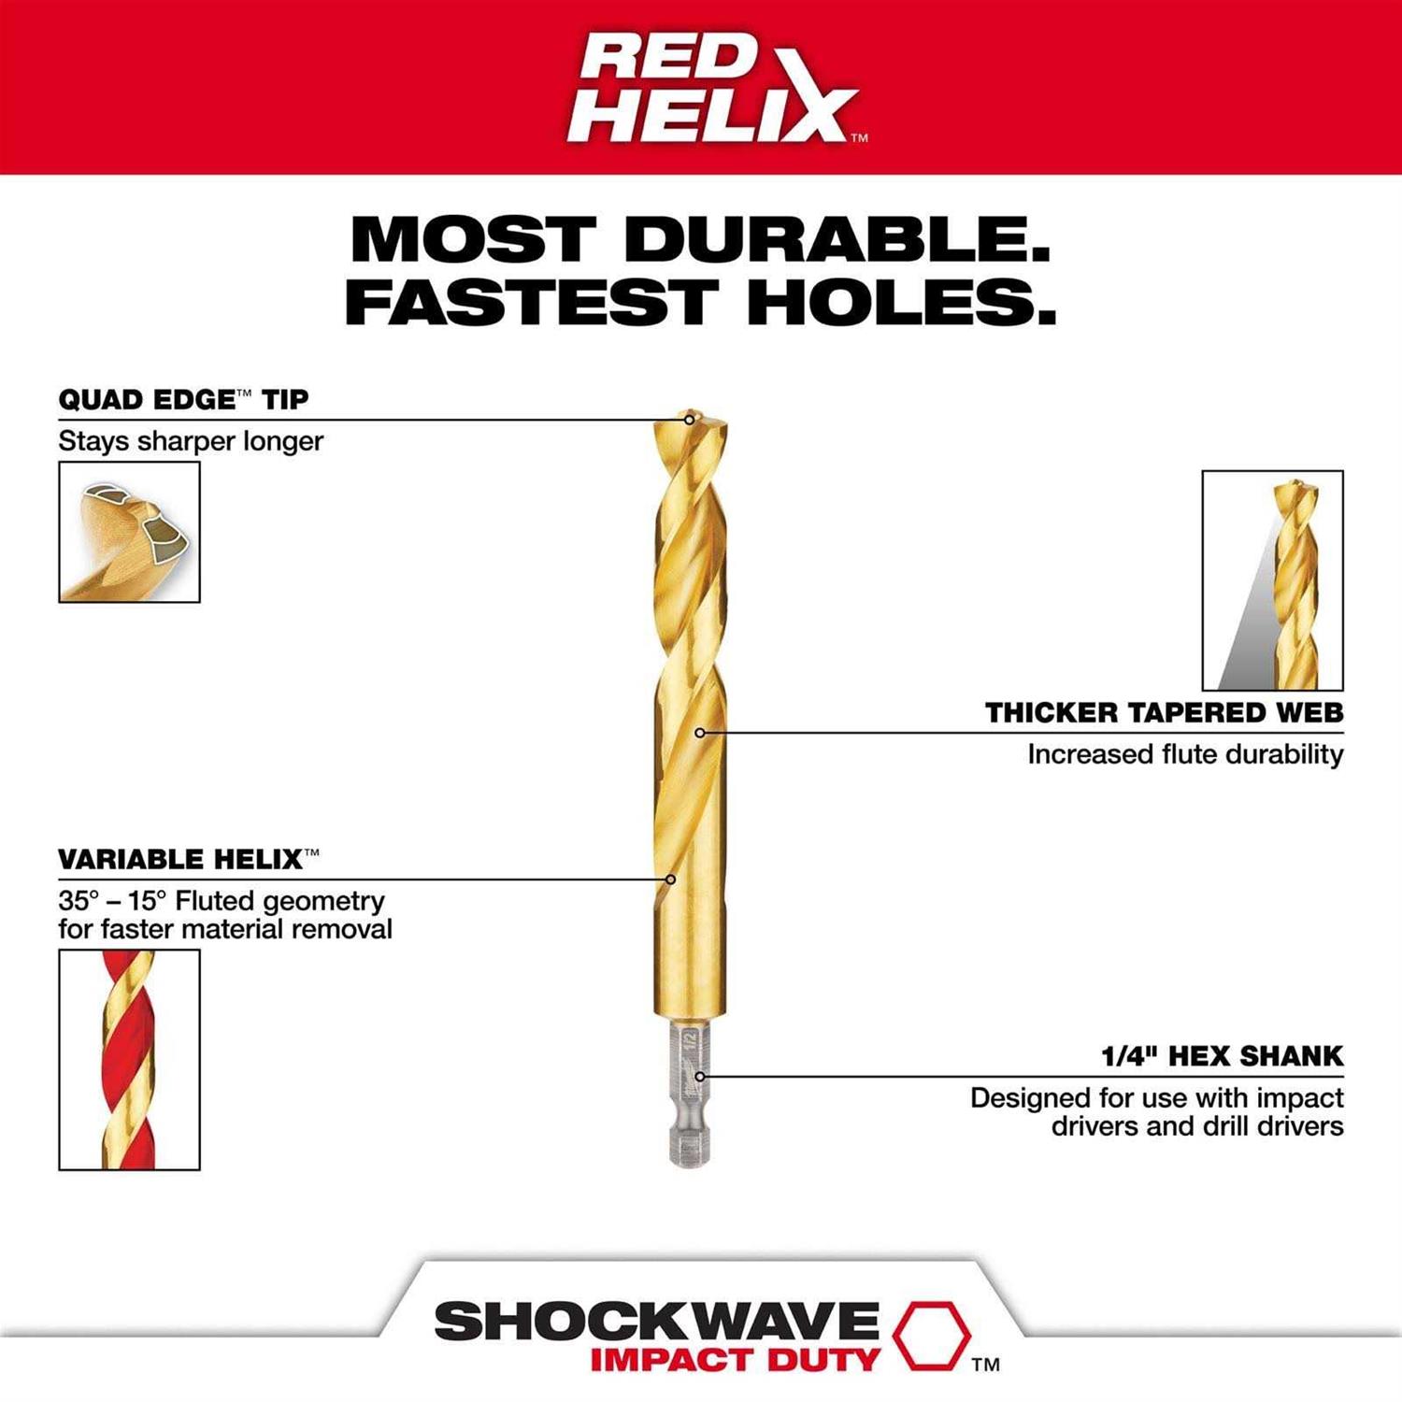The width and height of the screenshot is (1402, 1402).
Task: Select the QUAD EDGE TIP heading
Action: click(183, 400)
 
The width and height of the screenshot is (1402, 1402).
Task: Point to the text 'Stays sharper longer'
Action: click(191, 441)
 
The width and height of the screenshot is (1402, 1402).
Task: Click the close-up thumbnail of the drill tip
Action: click(129, 532)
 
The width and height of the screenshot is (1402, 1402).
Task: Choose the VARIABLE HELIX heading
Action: click(188, 859)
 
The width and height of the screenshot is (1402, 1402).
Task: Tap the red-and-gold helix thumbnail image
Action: click(129, 1059)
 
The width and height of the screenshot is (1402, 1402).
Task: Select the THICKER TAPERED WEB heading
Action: click(1164, 713)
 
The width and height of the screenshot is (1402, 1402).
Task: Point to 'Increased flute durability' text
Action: click(1185, 754)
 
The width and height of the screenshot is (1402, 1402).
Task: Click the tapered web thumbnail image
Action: click(1272, 580)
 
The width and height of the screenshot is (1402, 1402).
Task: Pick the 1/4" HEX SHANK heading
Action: click(1222, 1056)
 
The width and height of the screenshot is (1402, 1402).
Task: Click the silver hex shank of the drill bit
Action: click(689, 1094)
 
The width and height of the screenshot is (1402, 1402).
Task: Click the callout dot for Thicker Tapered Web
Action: click(700, 733)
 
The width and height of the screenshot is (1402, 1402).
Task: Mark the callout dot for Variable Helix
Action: click(670, 880)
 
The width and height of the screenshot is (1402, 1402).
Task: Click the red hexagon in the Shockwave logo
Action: click(930, 1334)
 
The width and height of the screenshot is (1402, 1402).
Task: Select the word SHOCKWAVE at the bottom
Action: click(656, 1322)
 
